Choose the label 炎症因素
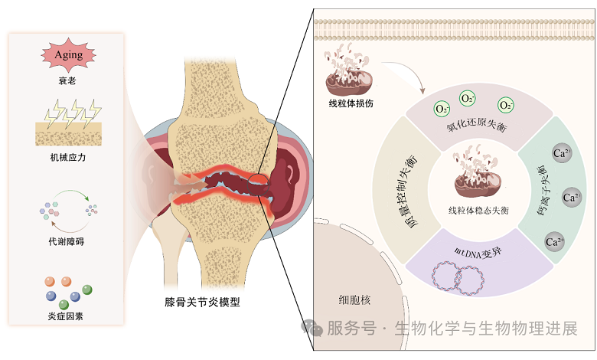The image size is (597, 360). (x=68, y=315)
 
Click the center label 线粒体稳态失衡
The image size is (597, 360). (x=478, y=209)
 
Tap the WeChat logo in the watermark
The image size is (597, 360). (x=312, y=327)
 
